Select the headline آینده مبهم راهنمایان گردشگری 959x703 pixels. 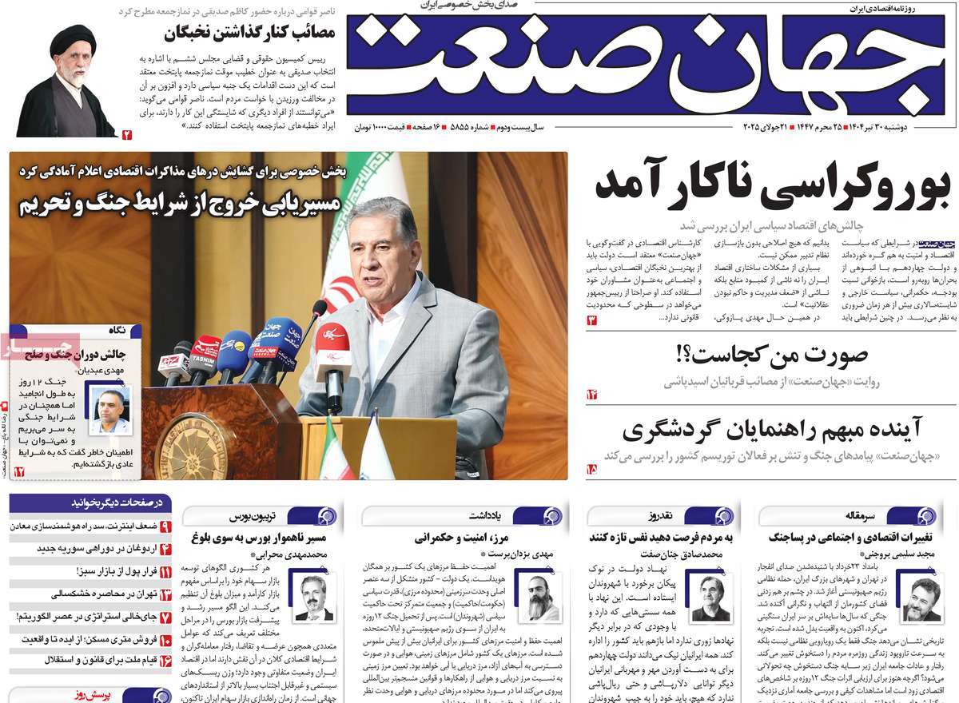pyautogui.click(x=772, y=430)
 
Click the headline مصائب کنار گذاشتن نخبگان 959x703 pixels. pyautogui.click(x=254, y=34)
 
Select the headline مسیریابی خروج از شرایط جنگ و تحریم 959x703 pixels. pyautogui.click(x=180, y=204)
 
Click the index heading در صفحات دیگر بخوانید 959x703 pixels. pyautogui.click(x=120, y=503)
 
